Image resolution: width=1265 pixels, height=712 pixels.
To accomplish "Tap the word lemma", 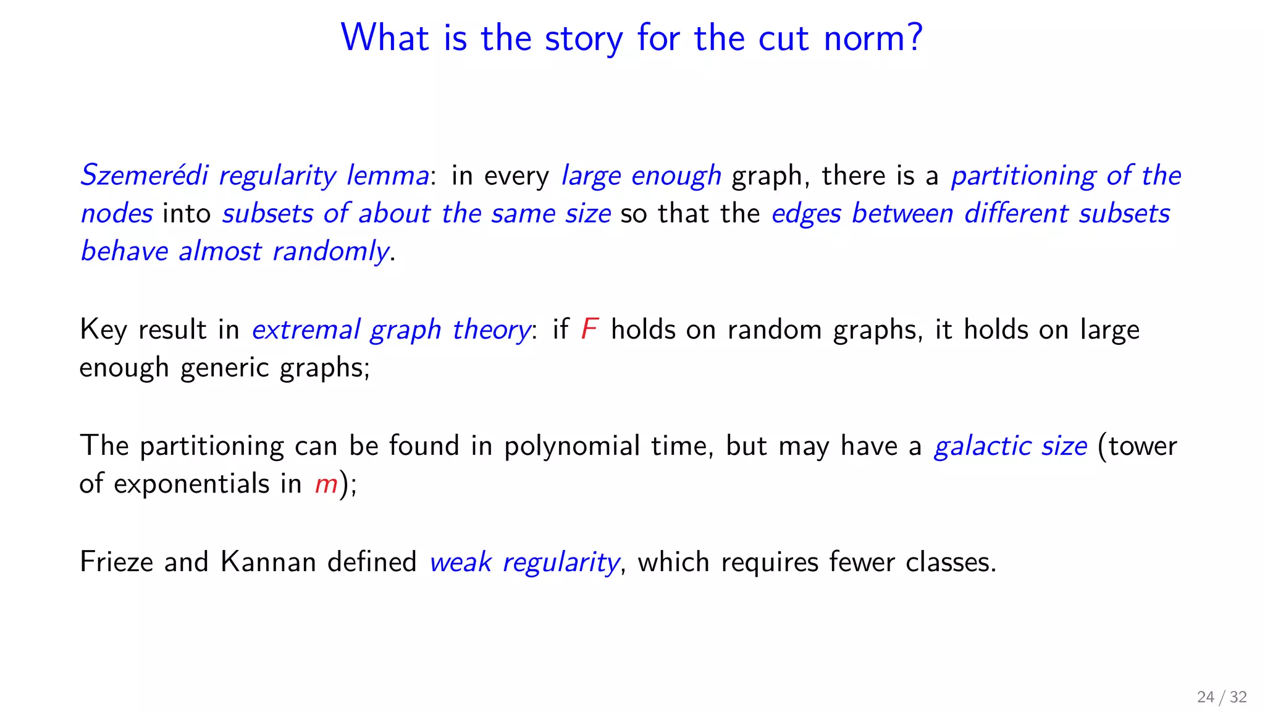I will coord(387,176).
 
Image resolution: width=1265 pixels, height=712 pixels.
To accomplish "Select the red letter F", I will coord(589,329).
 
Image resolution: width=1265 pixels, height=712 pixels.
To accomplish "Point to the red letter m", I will coord(326,484).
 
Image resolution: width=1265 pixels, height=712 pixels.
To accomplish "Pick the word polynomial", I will coord(571,446).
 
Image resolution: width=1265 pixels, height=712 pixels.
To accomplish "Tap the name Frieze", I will coord(116,562).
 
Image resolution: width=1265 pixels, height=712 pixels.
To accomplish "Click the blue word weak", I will coord(460,562).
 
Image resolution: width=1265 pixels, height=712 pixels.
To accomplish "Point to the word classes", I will coord(951,562).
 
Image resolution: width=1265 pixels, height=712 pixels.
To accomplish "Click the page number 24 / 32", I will coord(1221,697).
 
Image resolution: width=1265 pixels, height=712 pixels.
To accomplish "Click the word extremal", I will coord(306,330).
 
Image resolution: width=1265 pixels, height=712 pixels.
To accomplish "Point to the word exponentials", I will coord(191,484).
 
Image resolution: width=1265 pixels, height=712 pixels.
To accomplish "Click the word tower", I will coord(1142,446).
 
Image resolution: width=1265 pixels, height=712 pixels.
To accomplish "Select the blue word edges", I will coord(806,214).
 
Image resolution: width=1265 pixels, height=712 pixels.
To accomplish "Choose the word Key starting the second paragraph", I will coord(103,329).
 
